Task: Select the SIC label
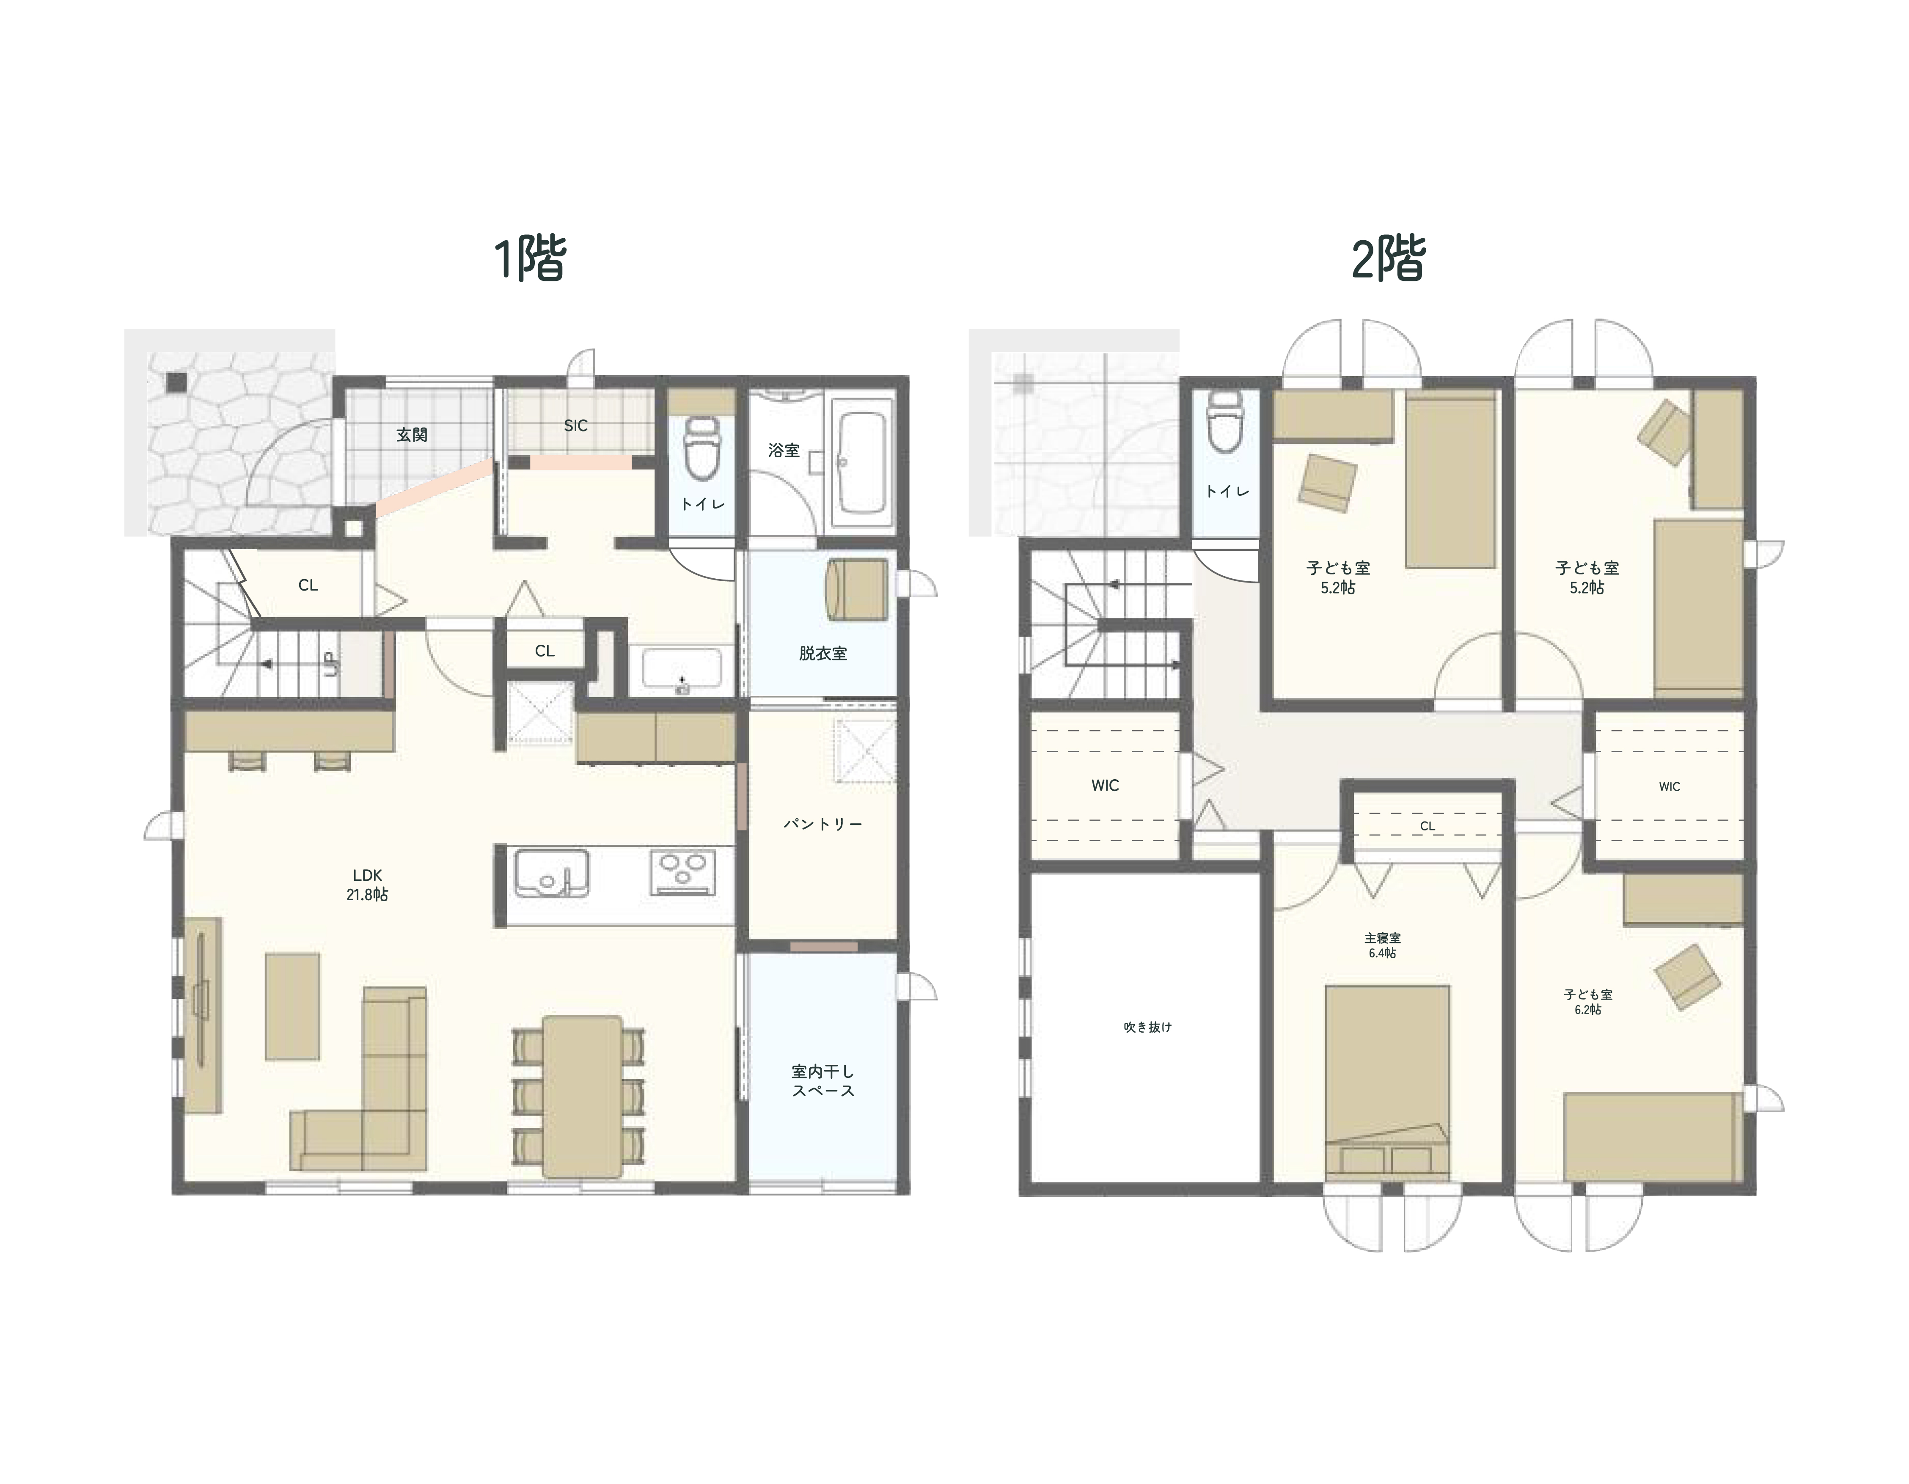point(576,426)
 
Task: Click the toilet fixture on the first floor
point(702,448)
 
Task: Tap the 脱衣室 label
point(822,653)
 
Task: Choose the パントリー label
point(822,824)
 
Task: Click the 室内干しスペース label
point(822,1080)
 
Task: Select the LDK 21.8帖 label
point(367,885)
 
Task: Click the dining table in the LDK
point(582,1097)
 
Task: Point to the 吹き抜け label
point(1148,1027)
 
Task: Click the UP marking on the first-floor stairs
point(330,664)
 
